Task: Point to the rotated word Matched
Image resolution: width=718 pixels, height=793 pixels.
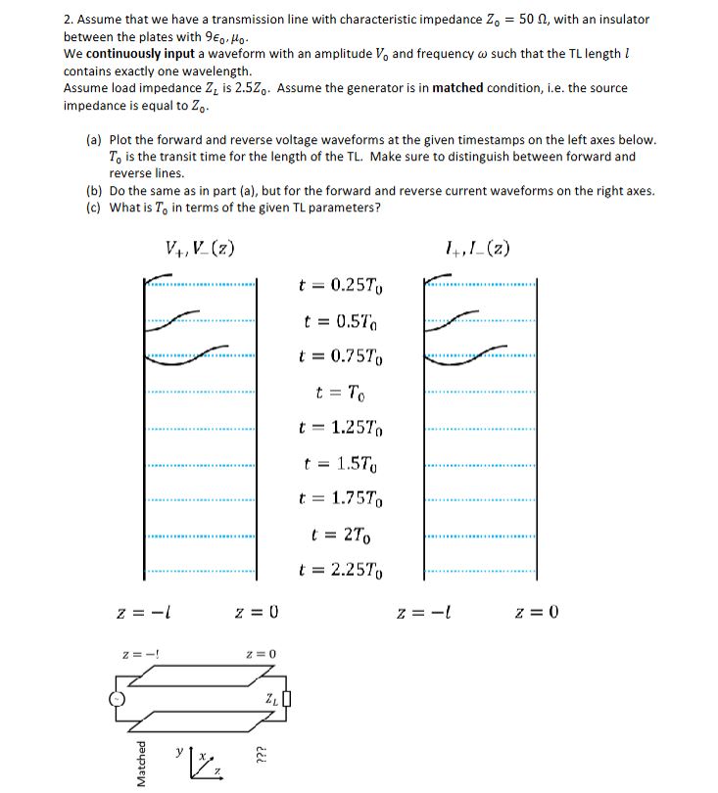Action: (143, 761)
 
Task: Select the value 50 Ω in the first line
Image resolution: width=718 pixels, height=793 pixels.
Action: (528, 20)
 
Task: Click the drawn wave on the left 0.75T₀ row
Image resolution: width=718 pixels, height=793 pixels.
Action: (186, 353)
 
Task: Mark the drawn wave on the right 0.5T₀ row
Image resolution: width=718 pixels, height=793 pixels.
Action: (464, 319)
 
